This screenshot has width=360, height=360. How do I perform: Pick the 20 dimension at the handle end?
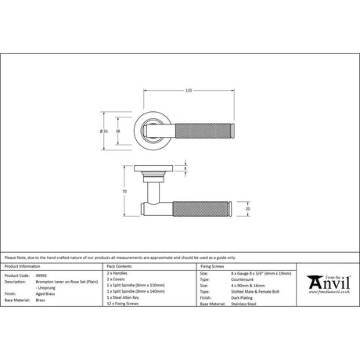tap(248, 209)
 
